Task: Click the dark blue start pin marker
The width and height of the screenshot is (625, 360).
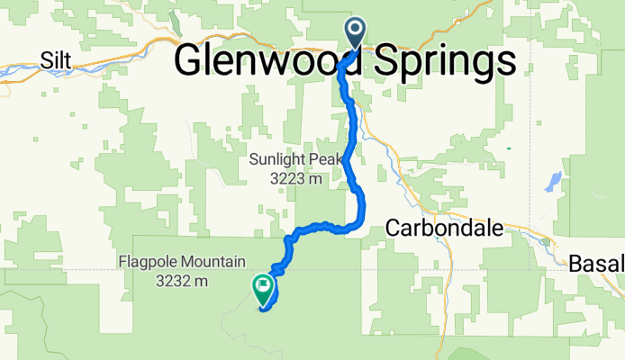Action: tap(354, 34)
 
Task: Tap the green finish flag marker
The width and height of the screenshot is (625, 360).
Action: tap(263, 289)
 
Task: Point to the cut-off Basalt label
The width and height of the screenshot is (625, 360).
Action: tap(597, 264)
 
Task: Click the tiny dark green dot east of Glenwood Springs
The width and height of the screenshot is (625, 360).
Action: tap(509, 148)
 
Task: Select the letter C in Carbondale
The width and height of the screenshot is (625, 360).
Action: tap(393, 229)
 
